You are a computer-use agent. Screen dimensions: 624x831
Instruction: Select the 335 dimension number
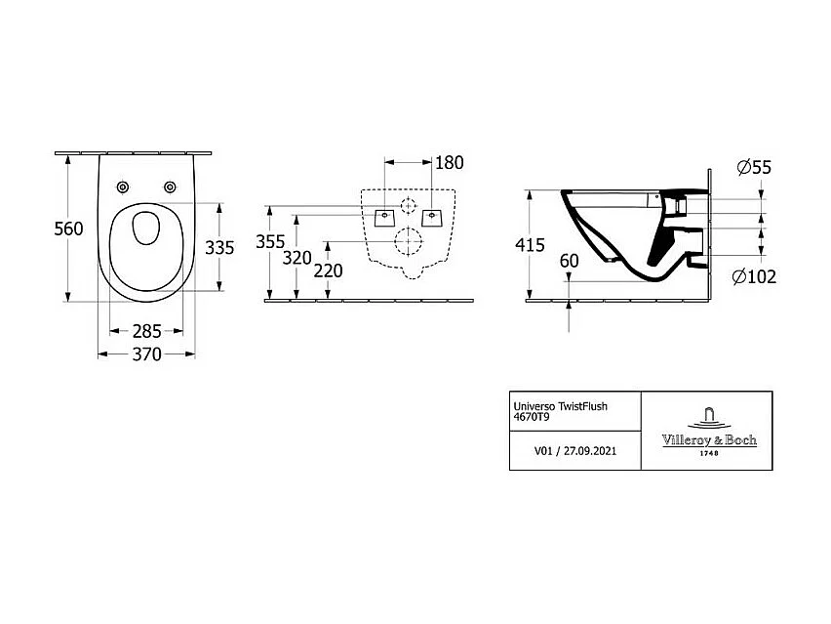coord(219,247)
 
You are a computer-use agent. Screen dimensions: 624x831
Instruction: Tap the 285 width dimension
coord(146,331)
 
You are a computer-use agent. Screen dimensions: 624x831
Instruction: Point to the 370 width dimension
coord(146,355)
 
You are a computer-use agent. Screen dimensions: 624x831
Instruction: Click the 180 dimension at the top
coord(448,163)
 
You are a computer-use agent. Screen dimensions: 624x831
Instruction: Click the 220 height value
coord(329,270)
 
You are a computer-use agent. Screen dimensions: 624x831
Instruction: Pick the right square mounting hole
coord(429,213)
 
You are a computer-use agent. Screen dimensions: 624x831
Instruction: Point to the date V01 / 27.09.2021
coord(574,452)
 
